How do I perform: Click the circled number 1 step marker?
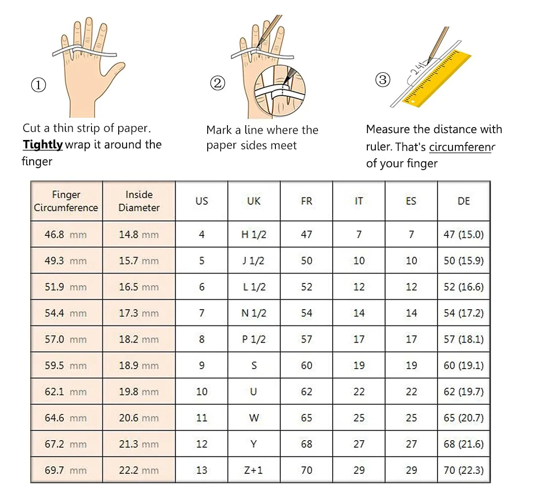click(x=39, y=85)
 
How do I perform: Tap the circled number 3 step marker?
click(x=383, y=80)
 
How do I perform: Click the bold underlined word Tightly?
click(x=43, y=145)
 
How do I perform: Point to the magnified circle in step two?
click(x=279, y=91)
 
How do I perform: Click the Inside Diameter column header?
click(x=139, y=201)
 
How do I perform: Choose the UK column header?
click(x=254, y=201)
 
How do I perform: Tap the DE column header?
click(x=464, y=201)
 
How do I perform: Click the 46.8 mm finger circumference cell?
click(x=66, y=234)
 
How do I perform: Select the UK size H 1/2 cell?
click(x=254, y=234)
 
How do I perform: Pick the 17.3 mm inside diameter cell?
click(x=139, y=313)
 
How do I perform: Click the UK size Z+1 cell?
click(x=254, y=470)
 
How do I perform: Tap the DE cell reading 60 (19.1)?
click(x=464, y=366)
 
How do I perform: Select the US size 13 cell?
click(x=201, y=470)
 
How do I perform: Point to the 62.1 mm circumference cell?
click(x=66, y=391)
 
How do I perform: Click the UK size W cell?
click(x=254, y=417)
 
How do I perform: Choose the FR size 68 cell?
click(x=307, y=444)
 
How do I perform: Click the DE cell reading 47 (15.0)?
click(x=464, y=234)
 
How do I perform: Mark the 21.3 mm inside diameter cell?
click(x=139, y=444)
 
